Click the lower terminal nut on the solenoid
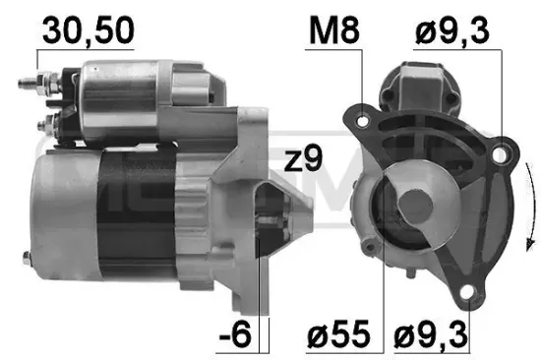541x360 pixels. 46,126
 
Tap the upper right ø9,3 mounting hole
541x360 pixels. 502,150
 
